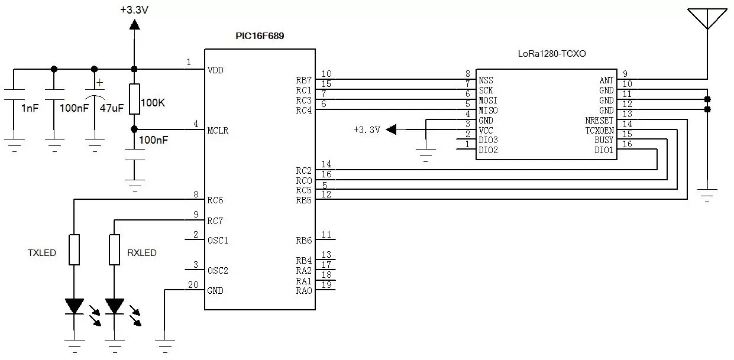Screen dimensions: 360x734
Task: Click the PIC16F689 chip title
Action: click(260, 36)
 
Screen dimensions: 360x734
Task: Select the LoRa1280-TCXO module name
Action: click(552, 53)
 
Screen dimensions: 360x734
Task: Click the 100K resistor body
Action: click(134, 99)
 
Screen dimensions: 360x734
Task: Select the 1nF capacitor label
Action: click(30, 108)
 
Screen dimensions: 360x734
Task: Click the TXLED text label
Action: click(42, 253)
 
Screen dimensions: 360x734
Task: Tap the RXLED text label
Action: click(142, 253)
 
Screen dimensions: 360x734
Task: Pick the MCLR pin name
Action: click(218, 131)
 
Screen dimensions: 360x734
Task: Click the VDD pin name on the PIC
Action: click(215, 70)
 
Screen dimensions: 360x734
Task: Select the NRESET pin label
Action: click(599, 120)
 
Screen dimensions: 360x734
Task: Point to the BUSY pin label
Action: click(604, 140)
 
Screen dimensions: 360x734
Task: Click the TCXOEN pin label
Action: click(599, 130)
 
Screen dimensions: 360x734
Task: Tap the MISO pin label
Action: click(488, 111)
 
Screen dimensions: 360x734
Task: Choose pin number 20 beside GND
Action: click(193, 284)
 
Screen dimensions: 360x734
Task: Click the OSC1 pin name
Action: click(217, 241)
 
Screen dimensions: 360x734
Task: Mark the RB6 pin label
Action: click(303, 240)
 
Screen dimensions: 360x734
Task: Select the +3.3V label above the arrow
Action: click(134, 10)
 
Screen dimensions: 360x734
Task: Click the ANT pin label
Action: click(606, 80)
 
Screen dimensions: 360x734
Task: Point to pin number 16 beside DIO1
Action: click(627, 144)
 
